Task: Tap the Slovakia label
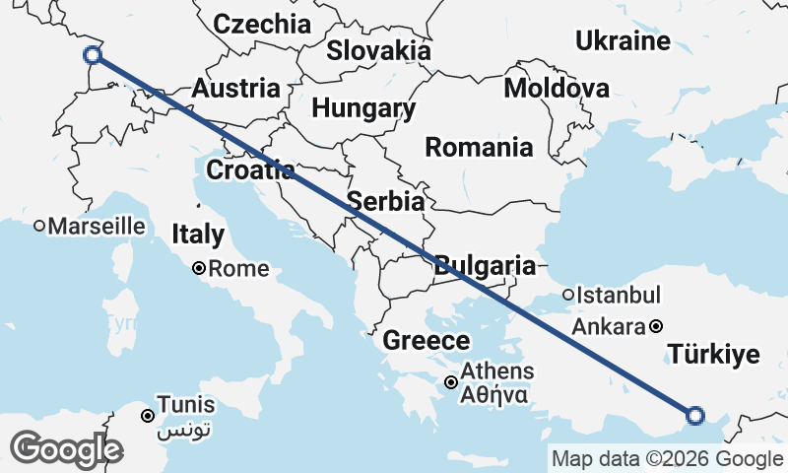tap(378, 50)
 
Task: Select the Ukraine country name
tap(623, 41)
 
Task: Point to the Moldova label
tap(556, 88)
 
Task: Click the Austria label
tap(235, 88)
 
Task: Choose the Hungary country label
tap(364, 108)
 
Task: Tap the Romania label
tap(479, 148)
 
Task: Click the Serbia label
tap(385, 201)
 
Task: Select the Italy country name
tap(198, 235)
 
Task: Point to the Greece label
tap(426, 341)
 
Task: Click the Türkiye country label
tap(714, 354)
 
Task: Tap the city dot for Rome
tap(199, 268)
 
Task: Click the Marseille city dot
tap(39, 226)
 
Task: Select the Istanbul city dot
tap(568, 295)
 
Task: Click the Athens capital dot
tap(451, 382)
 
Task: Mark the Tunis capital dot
tap(148, 416)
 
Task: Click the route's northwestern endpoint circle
tap(93, 54)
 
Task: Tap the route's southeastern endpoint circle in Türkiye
tap(694, 416)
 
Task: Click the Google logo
tap(65, 449)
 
